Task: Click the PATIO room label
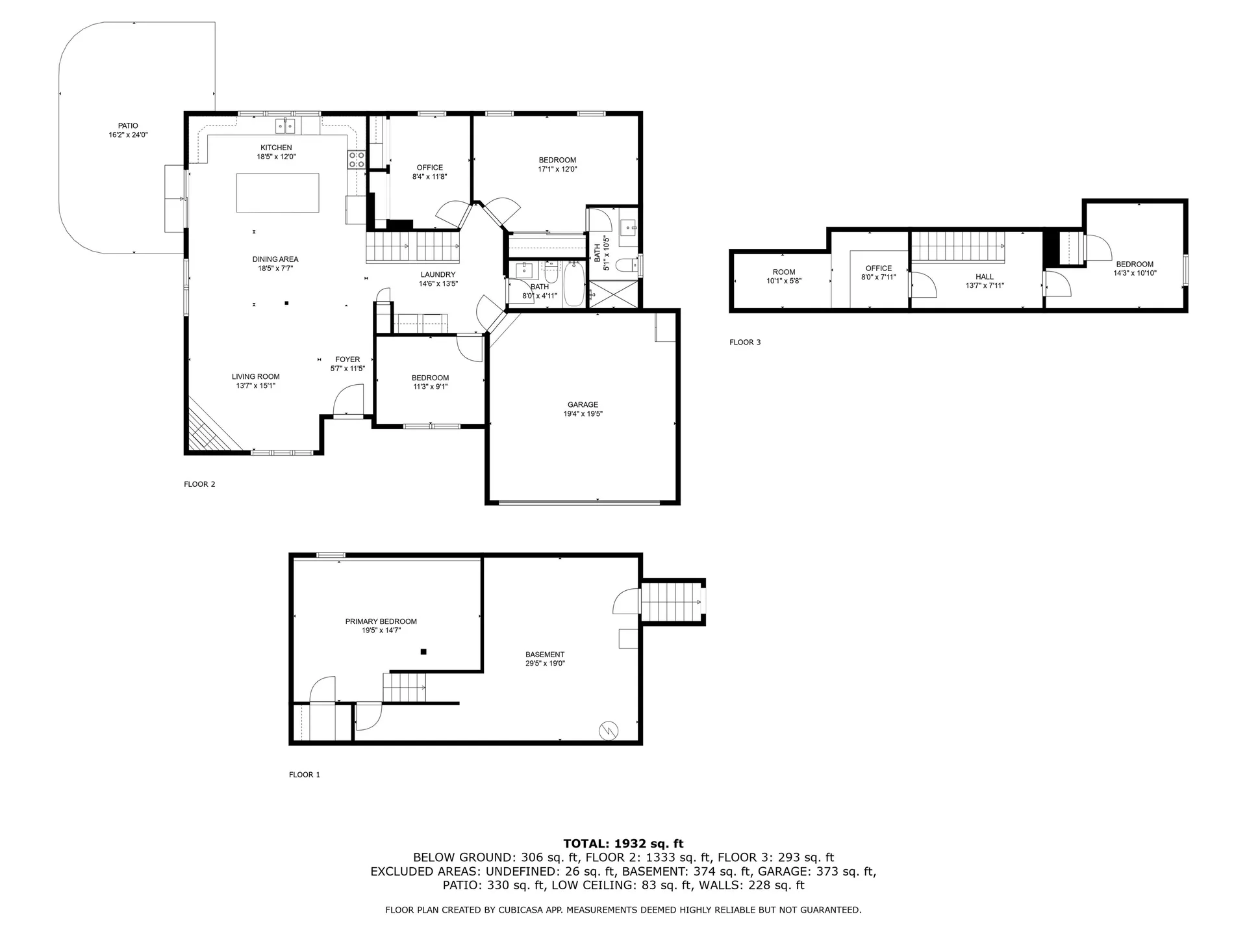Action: point(128,126)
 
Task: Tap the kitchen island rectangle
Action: point(277,192)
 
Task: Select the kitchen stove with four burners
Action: point(357,160)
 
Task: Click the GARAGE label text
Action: point(583,405)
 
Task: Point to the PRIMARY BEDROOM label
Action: point(381,622)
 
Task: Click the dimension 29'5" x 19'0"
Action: point(545,664)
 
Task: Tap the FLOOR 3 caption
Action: point(744,343)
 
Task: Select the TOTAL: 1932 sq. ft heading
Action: point(623,844)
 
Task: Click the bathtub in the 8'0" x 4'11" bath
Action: point(573,285)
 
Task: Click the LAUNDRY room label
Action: point(438,275)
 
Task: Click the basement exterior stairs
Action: point(672,603)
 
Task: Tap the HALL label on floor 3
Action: point(984,277)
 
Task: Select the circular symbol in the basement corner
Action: point(609,731)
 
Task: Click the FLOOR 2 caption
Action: point(199,484)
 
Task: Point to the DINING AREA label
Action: point(275,260)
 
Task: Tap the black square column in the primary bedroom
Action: point(423,651)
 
